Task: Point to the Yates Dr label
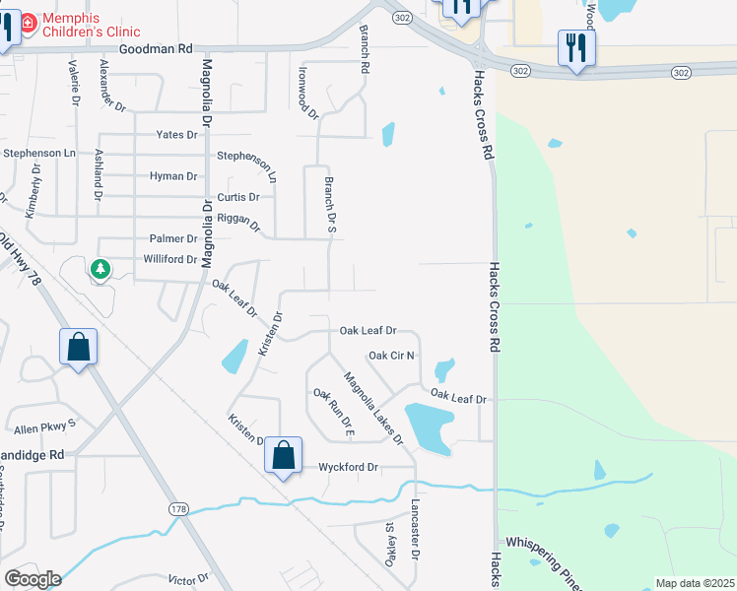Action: [176, 135]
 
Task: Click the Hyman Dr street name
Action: [173, 176]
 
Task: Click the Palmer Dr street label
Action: [173, 238]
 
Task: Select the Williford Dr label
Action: [170, 259]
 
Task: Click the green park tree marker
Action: [100, 268]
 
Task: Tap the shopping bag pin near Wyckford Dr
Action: [283, 455]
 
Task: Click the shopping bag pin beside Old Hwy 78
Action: [79, 347]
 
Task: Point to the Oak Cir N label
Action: [391, 356]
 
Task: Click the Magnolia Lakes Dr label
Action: [373, 408]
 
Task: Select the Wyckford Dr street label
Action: [348, 467]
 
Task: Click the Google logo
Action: [32, 579]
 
